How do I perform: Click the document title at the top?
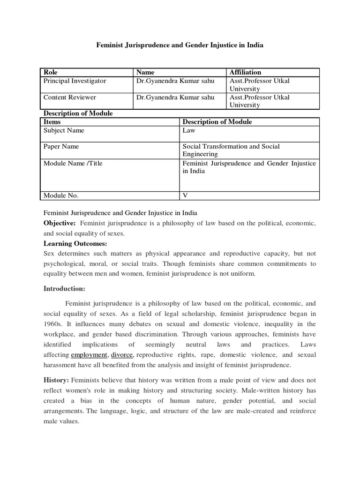pyautogui.click(x=180, y=45)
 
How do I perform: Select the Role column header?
pyautogui.click(x=51, y=72)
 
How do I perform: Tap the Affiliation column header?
pyautogui.click(x=245, y=72)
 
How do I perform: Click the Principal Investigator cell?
pyautogui.click(x=75, y=81)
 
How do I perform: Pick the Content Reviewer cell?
pyautogui.click(x=70, y=97)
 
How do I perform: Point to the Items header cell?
pyautogui.click(x=52, y=122)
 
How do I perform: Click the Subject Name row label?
pyautogui.click(x=64, y=130)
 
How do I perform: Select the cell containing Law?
pyautogui.click(x=188, y=130)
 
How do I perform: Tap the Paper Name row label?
pyautogui.click(x=61, y=146)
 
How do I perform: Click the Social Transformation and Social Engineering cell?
pyautogui.click(x=231, y=150)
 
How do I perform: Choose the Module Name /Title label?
pyautogui.click(x=73, y=163)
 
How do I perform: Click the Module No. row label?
pyautogui.click(x=61, y=195)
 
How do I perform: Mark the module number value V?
pyautogui.click(x=185, y=195)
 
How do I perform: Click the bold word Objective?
pyautogui.click(x=60, y=223)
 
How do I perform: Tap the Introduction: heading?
pyautogui.click(x=64, y=288)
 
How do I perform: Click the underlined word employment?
pyautogui.click(x=90, y=355)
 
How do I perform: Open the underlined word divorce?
pyautogui.click(x=122, y=355)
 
